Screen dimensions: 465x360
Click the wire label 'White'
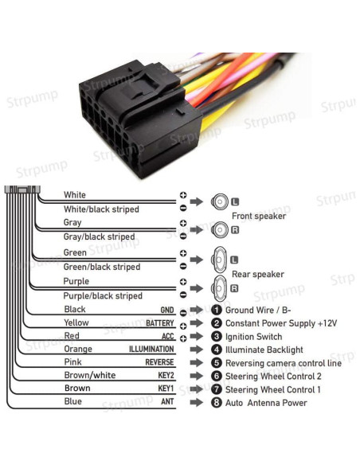pyautogui.click(x=75, y=195)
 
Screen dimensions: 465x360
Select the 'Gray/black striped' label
pyautogui.click(x=99, y=237)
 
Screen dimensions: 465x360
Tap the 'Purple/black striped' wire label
pyautogui.click(x=103, y=295)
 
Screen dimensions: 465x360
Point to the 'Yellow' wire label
pyautogui.click(x=76, y=323)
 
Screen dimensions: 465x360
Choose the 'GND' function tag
pyautogui.click(x=166, y=310)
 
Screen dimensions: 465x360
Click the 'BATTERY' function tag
pyautogui.click(x=159, y=323)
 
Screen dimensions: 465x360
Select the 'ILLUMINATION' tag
pyautogui.click(x=151, y=350)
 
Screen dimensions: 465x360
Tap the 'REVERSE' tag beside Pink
pyautogui.click(x=159, y=362)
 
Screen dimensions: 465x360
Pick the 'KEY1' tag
pyautogui.click(x=166, y=389)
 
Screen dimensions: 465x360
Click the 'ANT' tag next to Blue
pyautogui.click(x=167, y=402)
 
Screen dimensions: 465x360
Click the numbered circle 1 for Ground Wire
pyautogui.click(x=216, y=311)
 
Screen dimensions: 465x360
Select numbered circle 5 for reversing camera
pyautogui.click(x=216, y=363)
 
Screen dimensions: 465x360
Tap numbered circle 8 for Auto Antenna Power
pyautogui.click(x=216, y=403)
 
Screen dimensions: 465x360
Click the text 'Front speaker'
pyautogui.click(x=258, y=216)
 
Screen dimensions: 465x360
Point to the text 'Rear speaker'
pyautogui.click(x=257, y=275)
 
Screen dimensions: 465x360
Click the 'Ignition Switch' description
pyautogui.click(x=254, y=337)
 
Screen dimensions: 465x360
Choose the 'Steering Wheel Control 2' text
pyautogui.click(x=273, y=376)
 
